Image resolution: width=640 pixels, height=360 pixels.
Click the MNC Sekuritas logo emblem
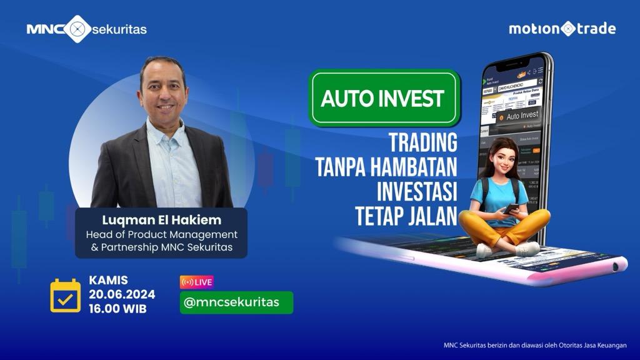(77, 29)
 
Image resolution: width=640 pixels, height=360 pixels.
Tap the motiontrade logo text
(562, 29)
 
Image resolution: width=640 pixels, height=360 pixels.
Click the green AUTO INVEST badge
(383, 99)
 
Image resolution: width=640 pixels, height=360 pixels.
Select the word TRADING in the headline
(423, 142)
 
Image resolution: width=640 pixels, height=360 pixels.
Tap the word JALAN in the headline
(433, 216)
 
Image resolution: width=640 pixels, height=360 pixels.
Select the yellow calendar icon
(66, 296)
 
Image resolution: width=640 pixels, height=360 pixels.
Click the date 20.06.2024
(122, 295)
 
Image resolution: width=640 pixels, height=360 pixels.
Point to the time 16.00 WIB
(118, 308)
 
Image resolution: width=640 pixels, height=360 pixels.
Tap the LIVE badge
(197, 282)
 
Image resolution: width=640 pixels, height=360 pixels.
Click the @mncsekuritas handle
(236, 302)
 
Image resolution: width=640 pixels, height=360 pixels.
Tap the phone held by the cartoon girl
(511, 209)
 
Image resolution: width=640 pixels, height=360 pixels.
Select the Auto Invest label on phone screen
(521, 116)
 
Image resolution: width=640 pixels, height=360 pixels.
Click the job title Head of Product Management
(161, 235)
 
